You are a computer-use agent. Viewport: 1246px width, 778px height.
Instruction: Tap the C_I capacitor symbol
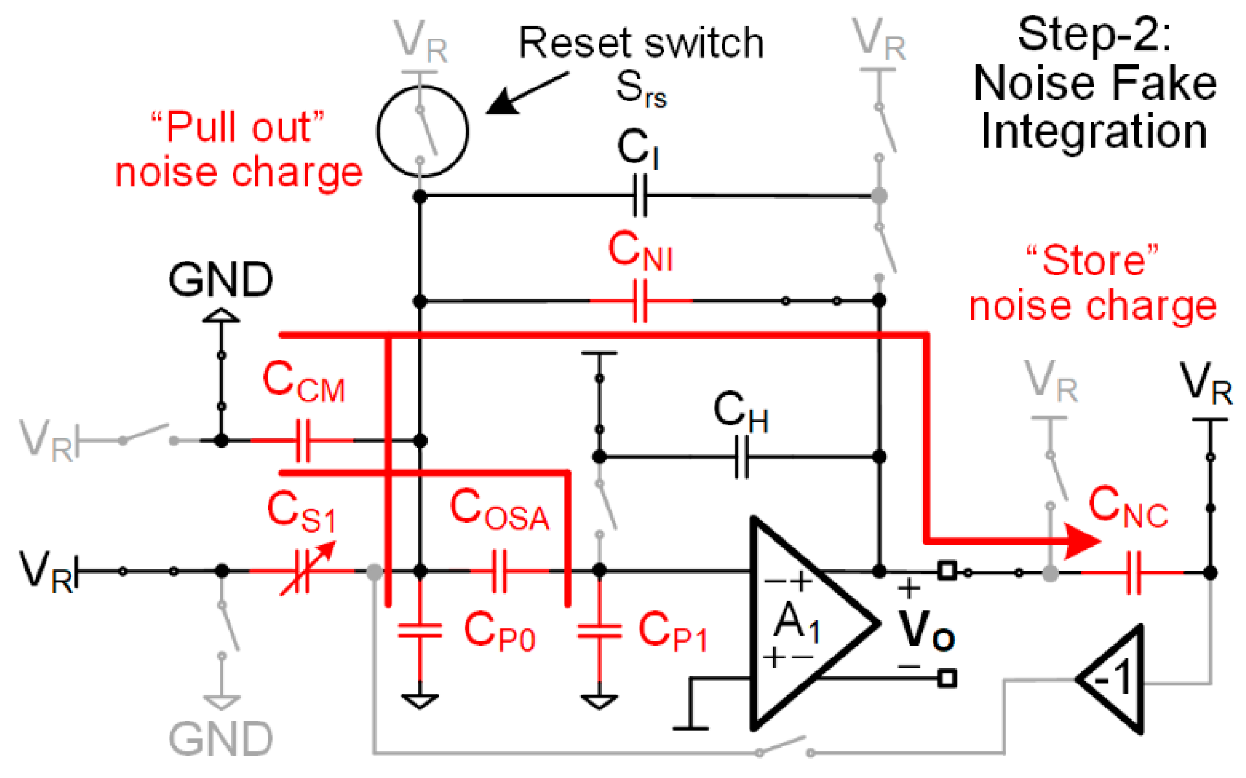pyautogui.click(x=640, y=196)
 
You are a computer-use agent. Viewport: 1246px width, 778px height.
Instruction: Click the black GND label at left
pyautogui.click(x=221, y=279)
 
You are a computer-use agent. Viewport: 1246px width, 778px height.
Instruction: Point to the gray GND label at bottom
pyautogui.click(x=221, y=739)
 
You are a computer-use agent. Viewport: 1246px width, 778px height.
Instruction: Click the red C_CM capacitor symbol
pyautogui.click(x=303, y=440)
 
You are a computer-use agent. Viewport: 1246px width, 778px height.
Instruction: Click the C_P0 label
pyautogui.click(x=499, y=632)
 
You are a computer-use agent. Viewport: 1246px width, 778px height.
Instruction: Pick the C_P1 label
pyautogui.click(x=673, y=632)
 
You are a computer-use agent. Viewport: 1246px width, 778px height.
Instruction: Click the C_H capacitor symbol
pyautogui.click(x=741, y=457)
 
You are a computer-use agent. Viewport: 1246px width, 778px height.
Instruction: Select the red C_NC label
pyautogui.click(x=1128, y=507)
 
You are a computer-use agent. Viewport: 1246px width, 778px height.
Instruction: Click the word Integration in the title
pyautogui.click(x=1094, y=132)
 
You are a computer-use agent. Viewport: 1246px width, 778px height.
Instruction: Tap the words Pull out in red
pyautogui.click(x=238, y=127)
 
